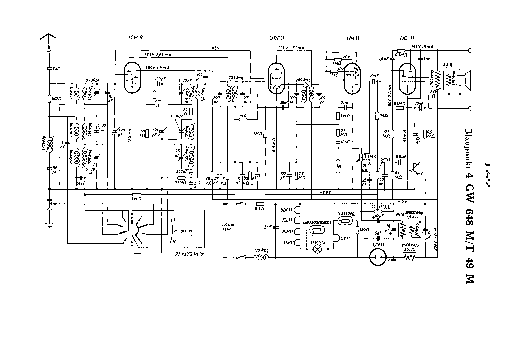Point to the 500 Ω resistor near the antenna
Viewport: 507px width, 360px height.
pyautogui.click(x=49, y=99)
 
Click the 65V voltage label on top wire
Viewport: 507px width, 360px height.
pyautogui.click(x=215, y=48)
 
